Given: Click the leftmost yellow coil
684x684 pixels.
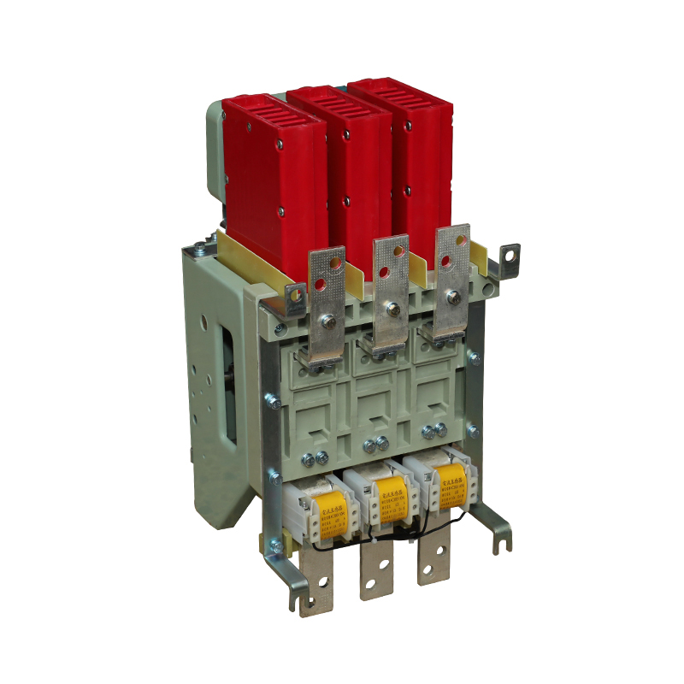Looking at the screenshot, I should (x=333, y=511).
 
